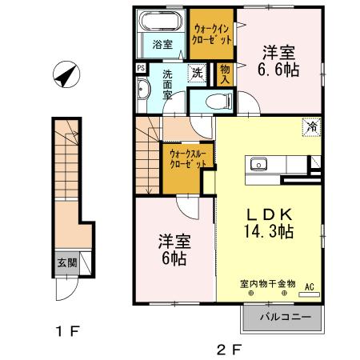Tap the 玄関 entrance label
(67, 262)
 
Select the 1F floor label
(66, 330)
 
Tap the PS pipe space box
(141, 69)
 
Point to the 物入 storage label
(225, 74)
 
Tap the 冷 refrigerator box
(311, 126)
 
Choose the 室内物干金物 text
(268, 283)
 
